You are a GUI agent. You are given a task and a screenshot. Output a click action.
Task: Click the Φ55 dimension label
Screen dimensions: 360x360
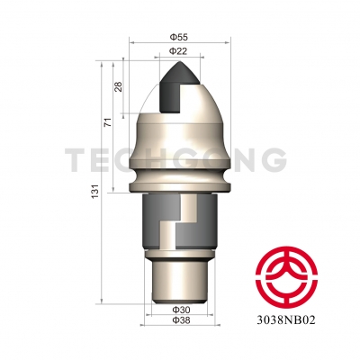179,37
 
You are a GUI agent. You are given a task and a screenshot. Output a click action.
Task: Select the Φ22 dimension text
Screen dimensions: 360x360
178,51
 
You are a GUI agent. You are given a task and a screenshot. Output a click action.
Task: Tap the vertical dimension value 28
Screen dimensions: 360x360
119,87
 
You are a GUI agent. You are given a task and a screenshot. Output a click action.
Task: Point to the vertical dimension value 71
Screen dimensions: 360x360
108,122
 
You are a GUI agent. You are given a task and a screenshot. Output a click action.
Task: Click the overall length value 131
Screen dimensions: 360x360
95,191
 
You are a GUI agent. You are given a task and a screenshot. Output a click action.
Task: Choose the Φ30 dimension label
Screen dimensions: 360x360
181,310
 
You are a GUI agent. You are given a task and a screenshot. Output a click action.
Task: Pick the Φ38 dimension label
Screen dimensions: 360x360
181,320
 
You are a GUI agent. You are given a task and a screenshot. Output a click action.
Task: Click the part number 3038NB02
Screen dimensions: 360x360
286,320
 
